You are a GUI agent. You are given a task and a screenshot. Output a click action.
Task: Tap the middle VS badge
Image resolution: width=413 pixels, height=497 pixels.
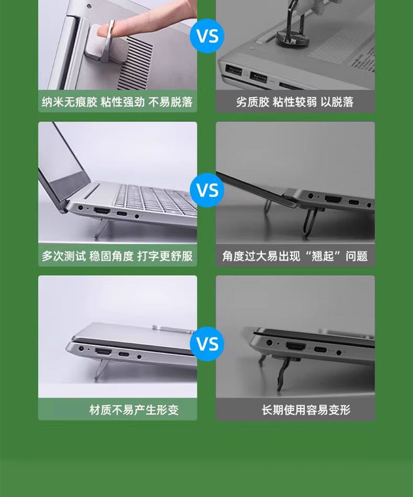pos(207,190)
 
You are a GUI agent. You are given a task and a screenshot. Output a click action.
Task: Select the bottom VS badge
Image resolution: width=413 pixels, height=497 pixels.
pos(207,344)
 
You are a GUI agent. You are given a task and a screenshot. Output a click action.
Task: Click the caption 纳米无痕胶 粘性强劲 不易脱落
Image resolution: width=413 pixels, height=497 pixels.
pos(117,102)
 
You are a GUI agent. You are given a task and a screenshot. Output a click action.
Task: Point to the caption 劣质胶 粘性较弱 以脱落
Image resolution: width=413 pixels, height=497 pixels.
pos(295,102)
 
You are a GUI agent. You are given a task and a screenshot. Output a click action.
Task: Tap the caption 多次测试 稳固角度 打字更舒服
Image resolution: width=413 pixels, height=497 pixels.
pos(117,256)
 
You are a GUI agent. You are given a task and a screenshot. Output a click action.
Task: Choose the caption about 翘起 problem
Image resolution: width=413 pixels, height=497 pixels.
pos(295,256)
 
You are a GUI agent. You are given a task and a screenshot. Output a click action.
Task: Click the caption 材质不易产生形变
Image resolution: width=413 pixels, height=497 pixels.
pos(134,410)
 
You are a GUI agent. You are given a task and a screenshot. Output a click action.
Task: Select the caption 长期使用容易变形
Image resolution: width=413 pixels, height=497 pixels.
pos(306,410)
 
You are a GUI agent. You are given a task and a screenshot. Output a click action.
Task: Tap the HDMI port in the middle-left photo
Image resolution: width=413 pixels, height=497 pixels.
pos(101,211)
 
